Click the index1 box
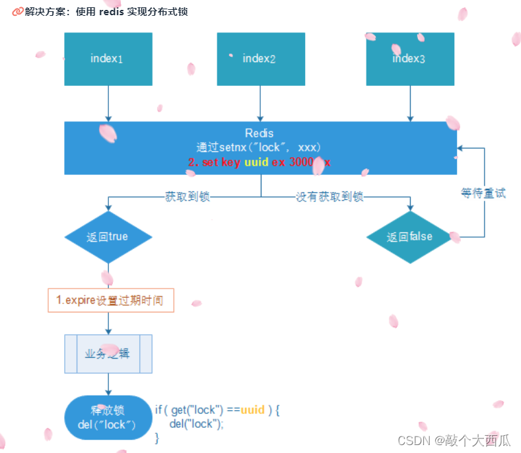tap(108, 59)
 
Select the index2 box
tap(261, 59)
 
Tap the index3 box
tap(410, 59)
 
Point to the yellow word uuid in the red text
tap(257, 162)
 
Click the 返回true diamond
tap(108, 237)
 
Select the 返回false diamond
tap(409, 237)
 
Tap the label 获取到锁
tap(188, 196)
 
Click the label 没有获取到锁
tap(330, 196)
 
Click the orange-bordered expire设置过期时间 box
tap(111, 300)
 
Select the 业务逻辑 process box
tap(108, 354)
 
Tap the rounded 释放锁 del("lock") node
tap(108, 417)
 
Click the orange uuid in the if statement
tap(253, 410)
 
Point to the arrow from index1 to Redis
tap(108, 104)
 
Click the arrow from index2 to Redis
tap(261, 104)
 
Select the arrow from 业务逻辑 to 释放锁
tap(108, 384)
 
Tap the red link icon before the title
tap(18, 12)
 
